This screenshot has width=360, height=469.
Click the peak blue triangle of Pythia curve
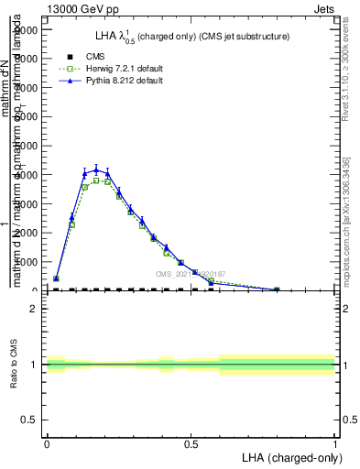tap(96, 169)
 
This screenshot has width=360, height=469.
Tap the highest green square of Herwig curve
tap(96, 180)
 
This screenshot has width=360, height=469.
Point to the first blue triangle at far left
tap(56, 278)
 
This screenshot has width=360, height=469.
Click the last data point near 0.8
tap(277, 289)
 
